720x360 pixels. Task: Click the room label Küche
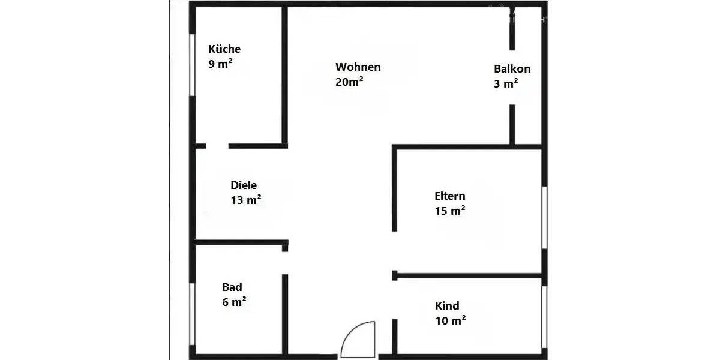pos(224,49)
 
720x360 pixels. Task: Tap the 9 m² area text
pos(220,64)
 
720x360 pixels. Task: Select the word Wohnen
pos(358,67)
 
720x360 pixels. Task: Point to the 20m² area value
pos(349,82)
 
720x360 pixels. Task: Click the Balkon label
pos(512,69)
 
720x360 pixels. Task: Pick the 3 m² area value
pos(506,84)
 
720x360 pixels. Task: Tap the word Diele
pos(244,185)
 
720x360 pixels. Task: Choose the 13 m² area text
pos(245,200)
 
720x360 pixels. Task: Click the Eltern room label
pos(449,196)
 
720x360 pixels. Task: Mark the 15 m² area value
pos(450,211)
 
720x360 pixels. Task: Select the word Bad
pos(232,287)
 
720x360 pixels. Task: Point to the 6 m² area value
pos(234,302)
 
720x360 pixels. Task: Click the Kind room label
pos(447,306)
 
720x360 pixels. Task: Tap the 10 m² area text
pos(451,320)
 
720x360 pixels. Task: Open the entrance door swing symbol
pos(358,340)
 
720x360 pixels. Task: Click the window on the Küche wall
pos(192,65)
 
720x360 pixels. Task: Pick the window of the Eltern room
pos(544,217)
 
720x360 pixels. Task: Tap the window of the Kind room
pos(544,317)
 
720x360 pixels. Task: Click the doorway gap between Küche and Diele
pos(217,146)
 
